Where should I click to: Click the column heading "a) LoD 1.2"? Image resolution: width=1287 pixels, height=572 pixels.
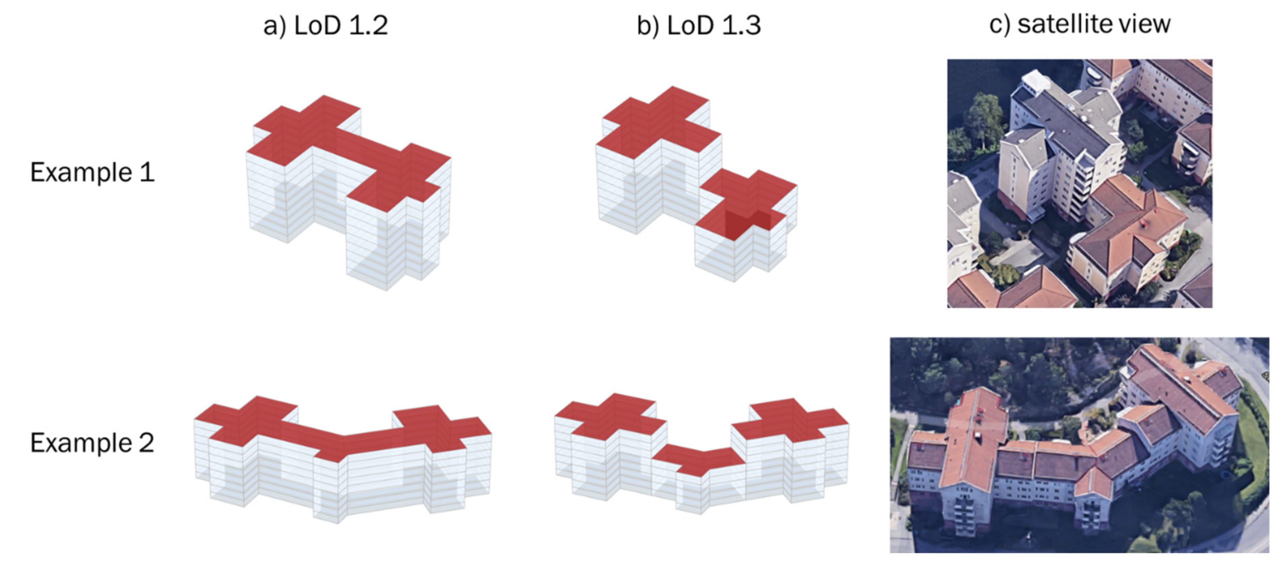pos(325,25)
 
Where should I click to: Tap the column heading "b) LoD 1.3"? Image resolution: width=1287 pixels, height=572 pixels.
pos(698,25)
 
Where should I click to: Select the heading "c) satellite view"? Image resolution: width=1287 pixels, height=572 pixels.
pos(1080,24)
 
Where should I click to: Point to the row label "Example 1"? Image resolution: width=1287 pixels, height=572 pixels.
pos(92,172)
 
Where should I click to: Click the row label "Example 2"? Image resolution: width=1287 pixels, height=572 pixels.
pos(92,443)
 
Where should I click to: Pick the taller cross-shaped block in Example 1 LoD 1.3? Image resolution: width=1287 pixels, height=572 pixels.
pos(658,160)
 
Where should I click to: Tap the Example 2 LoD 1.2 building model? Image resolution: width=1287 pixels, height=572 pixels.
pos(343,459)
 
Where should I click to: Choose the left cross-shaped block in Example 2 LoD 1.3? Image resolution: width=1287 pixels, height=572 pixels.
pos(610,446)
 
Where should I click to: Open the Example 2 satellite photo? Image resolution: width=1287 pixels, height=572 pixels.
pos(1079,445)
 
